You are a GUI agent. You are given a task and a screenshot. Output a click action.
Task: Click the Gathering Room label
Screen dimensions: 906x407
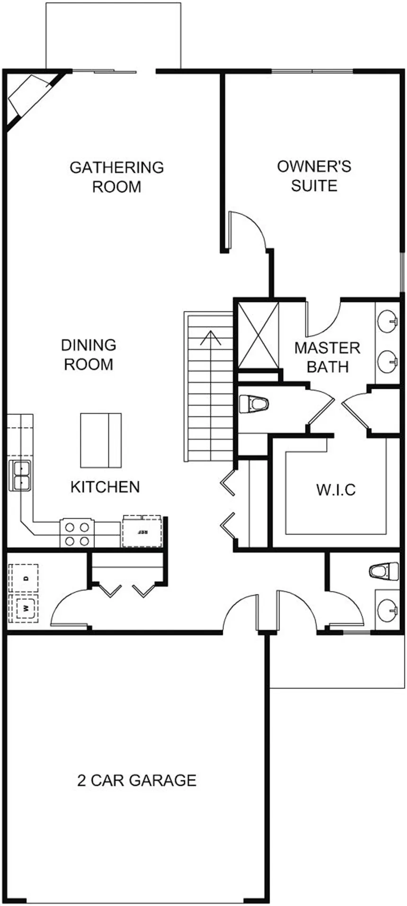[x=116, y=177]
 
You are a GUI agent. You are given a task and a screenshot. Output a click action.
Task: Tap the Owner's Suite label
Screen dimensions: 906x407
[x=314, y=176]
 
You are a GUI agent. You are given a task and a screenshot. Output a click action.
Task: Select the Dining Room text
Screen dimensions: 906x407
[x=88, y=354]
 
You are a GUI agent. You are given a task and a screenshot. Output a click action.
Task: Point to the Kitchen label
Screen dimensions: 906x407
[x=105, y=487]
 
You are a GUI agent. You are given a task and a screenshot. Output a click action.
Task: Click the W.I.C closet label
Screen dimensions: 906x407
[x=336, y=489]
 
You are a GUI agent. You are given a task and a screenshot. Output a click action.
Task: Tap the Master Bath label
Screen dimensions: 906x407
[x=327, y=357]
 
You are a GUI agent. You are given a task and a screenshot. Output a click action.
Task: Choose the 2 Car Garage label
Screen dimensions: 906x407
[x=137, y=780]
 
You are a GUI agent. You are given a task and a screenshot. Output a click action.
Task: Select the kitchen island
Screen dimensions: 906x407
[x=101, y=440]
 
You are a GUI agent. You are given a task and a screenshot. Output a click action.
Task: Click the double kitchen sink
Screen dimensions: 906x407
[x=20, y=475]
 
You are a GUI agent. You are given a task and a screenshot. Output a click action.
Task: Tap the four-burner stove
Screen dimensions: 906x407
[x=77, y=534]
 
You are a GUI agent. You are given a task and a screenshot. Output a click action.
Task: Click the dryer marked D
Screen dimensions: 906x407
[x=26, y=578]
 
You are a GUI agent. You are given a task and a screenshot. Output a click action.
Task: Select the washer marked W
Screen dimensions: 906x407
[x=26, y=607]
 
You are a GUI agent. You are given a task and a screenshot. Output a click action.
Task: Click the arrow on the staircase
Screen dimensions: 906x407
[x=211, y=338]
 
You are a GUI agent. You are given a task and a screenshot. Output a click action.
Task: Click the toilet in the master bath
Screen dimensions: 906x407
[x=254, y=405]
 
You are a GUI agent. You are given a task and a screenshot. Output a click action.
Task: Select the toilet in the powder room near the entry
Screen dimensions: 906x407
[x=384, y=571]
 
